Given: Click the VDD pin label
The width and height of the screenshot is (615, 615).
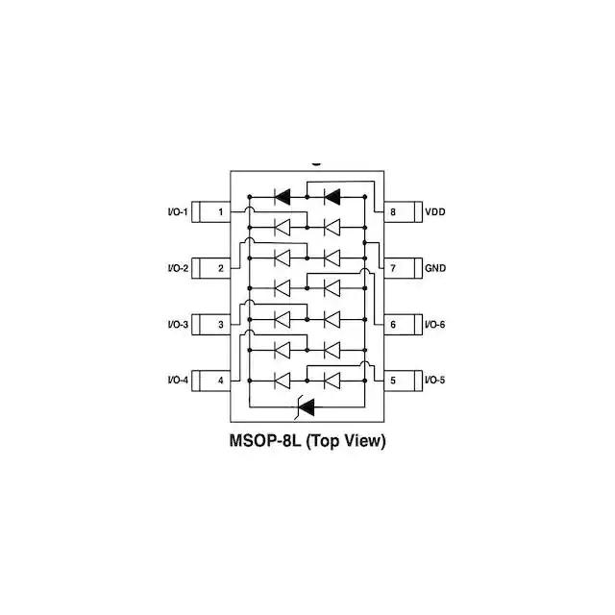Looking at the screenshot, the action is click(x=435, y=211).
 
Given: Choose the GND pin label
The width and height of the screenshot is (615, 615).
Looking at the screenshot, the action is click(x=435, y=268).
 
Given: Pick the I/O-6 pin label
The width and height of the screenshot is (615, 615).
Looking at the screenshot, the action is click(x=435, y=325).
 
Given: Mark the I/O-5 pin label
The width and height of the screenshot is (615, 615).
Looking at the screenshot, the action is click(x=435, y=381).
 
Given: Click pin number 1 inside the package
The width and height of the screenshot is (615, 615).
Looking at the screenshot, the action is click(x=221, y=211).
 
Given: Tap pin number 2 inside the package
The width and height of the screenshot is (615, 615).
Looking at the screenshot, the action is click(x=221, y=268).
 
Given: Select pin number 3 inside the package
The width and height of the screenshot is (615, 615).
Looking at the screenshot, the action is click(x=221, y=325).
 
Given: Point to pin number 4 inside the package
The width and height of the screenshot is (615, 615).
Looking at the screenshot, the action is click(x=221, y=381).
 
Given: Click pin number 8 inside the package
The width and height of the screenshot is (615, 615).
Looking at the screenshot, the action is click(x=393, y=211).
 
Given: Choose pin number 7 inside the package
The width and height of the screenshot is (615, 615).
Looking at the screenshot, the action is click(x=393, y=268).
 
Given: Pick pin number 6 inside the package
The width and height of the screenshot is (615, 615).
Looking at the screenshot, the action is click(x=393, y=325).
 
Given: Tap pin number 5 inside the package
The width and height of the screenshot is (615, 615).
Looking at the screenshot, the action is click(x=393, y=381).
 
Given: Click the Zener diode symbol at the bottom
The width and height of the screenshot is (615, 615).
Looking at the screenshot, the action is click(x=307, y=406).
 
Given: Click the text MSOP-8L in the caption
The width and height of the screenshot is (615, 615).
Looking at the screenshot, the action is click(x=265, y=442).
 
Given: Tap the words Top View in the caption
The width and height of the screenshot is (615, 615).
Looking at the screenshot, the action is click(x=347, y=442).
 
